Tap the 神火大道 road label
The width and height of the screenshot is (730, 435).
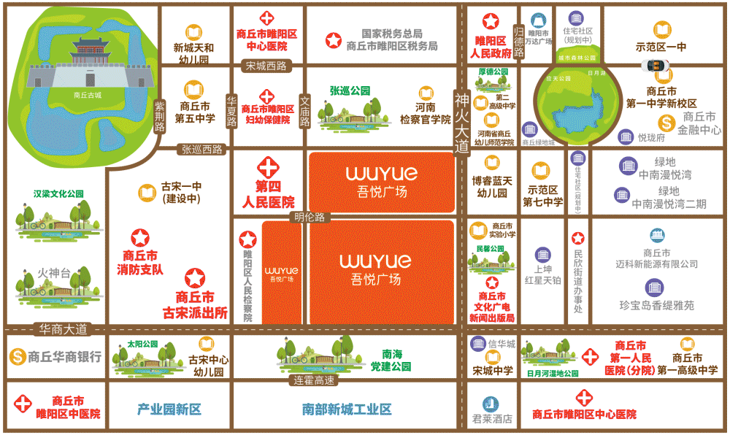coord(461,121)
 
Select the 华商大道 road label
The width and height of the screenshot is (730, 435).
coord(64,328)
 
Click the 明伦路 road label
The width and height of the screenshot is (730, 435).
coord(310,217)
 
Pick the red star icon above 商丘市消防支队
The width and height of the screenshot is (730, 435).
coord(139,238)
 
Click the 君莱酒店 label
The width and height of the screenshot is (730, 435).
coord(492,420)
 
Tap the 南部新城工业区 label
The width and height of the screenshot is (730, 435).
coord(346,409)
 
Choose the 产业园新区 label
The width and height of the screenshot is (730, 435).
coord(169,409)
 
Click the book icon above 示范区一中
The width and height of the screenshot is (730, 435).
coord(661,31)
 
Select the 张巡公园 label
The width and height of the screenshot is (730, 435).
coord(350,91)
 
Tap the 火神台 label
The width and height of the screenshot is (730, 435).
coord(55,274)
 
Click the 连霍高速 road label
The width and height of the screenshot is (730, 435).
coord(314,381)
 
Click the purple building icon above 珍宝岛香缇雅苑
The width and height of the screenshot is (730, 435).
coord(654,287)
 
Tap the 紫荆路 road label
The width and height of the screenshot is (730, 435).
coord(160,117)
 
